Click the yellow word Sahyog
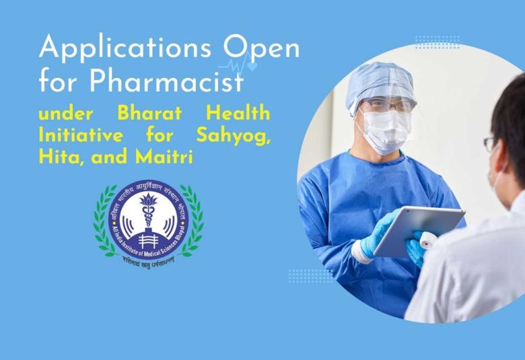(233, 135)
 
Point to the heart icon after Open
(252, 67)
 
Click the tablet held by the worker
(419, 230)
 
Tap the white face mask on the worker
(386, 131)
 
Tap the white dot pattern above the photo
(438, 42)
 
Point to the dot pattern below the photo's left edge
(310, 275)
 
